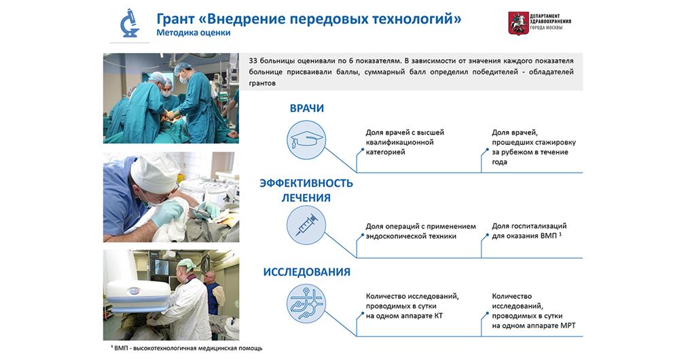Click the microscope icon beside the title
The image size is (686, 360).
tap(129, 23)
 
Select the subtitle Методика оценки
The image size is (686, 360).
tap(194, 33)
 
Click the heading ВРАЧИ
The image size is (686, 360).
tap(307, 109)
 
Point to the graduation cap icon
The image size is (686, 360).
tap(306, 140)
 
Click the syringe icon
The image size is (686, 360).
tap(306, 226)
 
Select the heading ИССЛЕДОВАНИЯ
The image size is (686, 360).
tap(307, 272)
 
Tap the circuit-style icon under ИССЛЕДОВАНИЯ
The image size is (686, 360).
tap(306, 304)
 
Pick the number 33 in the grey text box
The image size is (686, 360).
tap(253, 60)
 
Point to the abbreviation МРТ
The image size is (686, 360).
tap(568, 325)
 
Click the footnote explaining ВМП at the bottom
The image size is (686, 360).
tap(186, 348)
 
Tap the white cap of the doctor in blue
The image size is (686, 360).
tap(154, 172)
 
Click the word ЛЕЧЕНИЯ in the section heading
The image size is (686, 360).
tap(306, 198)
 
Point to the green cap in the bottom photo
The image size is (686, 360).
tap(187, 264)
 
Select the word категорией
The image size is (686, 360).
tap(385, 152)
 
